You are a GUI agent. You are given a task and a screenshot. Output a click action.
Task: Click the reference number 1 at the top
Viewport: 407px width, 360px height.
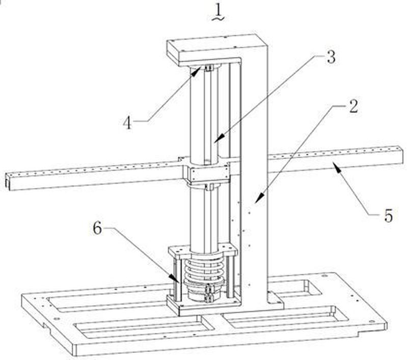pos(217,10)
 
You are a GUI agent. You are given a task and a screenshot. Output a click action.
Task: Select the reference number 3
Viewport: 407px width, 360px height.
pos(331,57)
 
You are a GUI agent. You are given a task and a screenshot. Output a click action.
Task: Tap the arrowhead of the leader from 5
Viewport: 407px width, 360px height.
pos(334,163)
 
